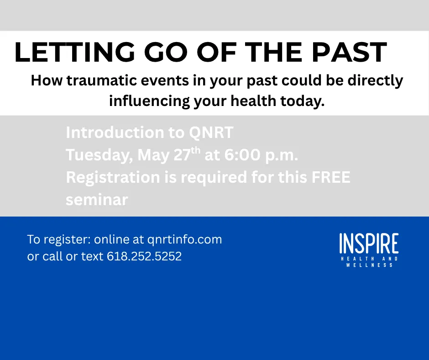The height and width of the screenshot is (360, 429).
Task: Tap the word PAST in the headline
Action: click(x=350, y=53)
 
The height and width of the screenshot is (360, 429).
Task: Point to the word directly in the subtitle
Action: click(x=375, y=81)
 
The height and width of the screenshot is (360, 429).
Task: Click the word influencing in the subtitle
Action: click(x=149, y=101)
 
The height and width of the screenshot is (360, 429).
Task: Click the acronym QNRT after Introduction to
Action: click(x=211, y=132)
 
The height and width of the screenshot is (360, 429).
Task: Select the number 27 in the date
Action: click(x=182, y=155)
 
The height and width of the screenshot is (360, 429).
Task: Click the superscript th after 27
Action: click(x=196, y=150)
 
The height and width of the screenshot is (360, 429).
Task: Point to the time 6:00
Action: click(x=242, y=155)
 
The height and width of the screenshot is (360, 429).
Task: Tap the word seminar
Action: click(x=97, y=200)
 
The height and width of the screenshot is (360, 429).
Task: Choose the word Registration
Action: click(x=113, y=178)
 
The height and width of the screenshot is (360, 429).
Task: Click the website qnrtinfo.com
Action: click(x=185, y=240)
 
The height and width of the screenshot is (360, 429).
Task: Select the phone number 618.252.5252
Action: click(x=144, y=256)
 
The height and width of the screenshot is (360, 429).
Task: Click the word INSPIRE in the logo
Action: click(x=369, y=244)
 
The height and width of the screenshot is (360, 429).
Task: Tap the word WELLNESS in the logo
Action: click(x=369, y=265)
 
